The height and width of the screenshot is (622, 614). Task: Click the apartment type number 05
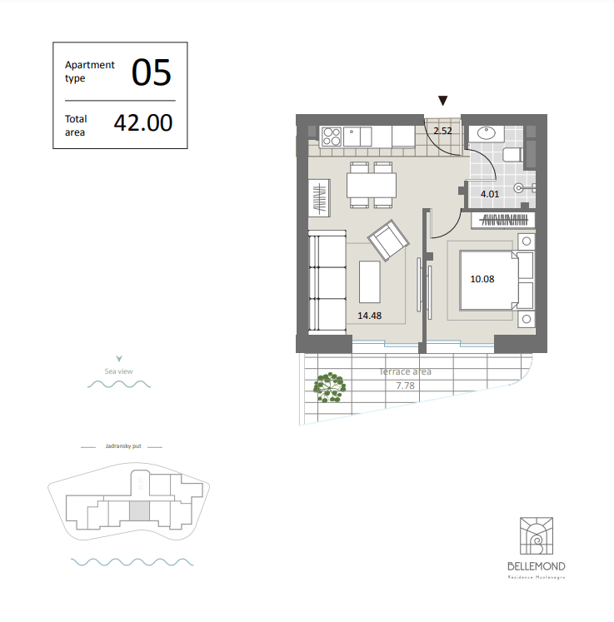pyautogui.click(x=152, y=72)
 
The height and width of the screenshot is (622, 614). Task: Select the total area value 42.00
pyautogui.click(x=143, y=122)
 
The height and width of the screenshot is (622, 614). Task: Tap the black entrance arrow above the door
pyautogui.click(x=443, y=101)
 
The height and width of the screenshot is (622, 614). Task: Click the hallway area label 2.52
pyautogui.click(x=442, y=131)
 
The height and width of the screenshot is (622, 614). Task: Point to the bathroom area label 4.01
pyautogui.click(x=490, y=194)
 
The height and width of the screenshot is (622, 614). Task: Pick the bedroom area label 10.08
pyautogui.click(x=482, y=279)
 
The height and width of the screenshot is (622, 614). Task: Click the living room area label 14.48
pyautogui.click(x=370, y=316)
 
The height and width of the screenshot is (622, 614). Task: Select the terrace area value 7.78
pyautogui.click(x=405, y=386)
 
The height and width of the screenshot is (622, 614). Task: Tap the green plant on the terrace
pyautogui.click(x=329, y=387)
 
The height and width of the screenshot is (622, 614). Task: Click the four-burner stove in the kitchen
pyautogui.click(x=332, y=137)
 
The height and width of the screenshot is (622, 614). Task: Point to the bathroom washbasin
pyautogui.click(x=487, y=133)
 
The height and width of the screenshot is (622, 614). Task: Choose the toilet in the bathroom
pyautogui.click(x=512, y=154)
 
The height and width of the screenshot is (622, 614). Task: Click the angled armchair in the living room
pyautogui.click(x=388, y=240)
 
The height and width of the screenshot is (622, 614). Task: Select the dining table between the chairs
pyautogui.click(x=372, y=185)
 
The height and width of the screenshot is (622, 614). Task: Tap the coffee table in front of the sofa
pyautogui.click(x=370, y=281)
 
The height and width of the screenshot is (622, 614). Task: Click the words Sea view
pyautogui.click(x=118, y=371)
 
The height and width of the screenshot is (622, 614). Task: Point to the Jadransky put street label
pyautogui.click(x=123, y=445)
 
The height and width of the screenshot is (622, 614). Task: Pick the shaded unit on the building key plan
pyautogui.click(x=139, y=511)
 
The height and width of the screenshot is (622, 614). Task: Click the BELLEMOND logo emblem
pyautogui.click(x=537, y=535)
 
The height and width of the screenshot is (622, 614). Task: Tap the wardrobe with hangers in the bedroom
pyautogui.click(x=503, y=220)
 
